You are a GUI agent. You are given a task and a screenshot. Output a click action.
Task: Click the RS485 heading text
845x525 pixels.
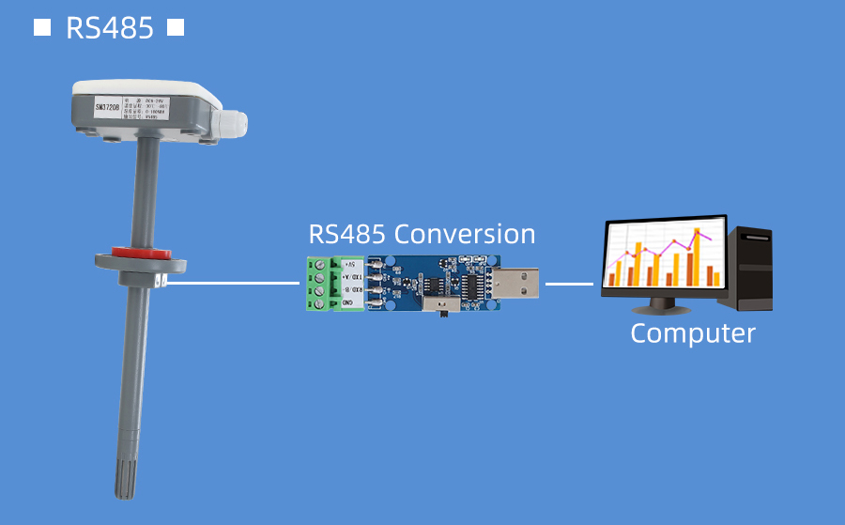[x=109, y=28]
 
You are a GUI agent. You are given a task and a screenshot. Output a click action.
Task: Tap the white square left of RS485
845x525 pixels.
[x=42, y=27]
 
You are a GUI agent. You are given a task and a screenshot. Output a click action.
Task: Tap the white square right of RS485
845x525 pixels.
[x=175, y=27]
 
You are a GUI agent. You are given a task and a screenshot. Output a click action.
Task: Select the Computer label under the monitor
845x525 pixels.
[x=693, y=333]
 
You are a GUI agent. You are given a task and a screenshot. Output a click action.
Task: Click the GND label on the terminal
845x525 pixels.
[x=348, y=302]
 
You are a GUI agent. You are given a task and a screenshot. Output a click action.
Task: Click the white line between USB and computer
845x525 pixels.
[x=570, y=283]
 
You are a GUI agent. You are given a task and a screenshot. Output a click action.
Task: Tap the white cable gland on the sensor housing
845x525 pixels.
[x=234, y=122]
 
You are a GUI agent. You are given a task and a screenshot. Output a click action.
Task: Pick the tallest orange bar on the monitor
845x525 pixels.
[x=697, y=255]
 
